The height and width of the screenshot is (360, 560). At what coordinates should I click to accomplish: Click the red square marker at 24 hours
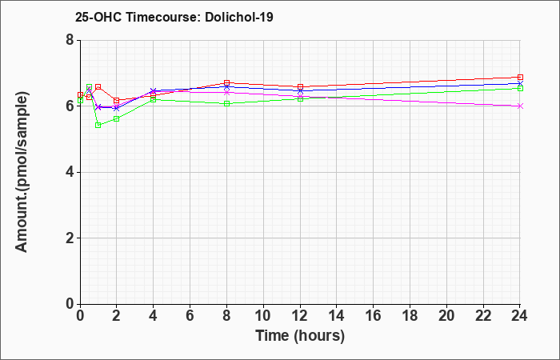pos(520,77)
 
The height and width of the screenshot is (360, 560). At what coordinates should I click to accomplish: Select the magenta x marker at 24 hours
pos(520,106)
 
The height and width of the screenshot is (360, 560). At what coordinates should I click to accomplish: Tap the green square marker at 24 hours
pos(520,88)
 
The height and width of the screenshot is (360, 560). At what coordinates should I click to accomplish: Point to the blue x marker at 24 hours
pos(520,83)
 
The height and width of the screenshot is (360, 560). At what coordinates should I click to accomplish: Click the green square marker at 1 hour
pos(98,125)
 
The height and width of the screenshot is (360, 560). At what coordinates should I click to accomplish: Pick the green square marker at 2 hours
pos(117,118)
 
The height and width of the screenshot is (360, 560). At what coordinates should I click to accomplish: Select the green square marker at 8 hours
pos(226,103)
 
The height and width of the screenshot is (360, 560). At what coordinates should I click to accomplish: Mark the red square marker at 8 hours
pos(226,83)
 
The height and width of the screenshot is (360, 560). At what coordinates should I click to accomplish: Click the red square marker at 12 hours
pos(300,86)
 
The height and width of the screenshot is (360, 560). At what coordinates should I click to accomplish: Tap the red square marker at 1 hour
pos(98,86)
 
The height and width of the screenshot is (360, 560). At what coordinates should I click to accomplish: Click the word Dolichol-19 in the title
pos(239,17)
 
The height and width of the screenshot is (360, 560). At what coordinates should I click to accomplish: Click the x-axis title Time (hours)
pos(300,336)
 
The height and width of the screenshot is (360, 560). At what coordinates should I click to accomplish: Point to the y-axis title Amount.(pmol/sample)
pos(22,172)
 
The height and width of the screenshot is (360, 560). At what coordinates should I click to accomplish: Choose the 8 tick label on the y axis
pos(70,40)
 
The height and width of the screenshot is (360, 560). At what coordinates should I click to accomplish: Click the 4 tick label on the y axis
pos(70,172)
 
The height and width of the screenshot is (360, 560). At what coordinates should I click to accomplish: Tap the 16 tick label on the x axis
pos(374,315)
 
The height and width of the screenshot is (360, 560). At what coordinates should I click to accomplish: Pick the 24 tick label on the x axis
pos(519,315)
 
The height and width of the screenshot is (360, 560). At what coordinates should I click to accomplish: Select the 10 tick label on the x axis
pos(263,315)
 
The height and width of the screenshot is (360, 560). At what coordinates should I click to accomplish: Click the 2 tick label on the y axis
pos(70,238)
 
